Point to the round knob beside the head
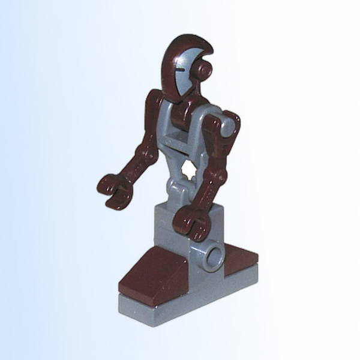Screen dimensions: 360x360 tap(206, 71)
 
